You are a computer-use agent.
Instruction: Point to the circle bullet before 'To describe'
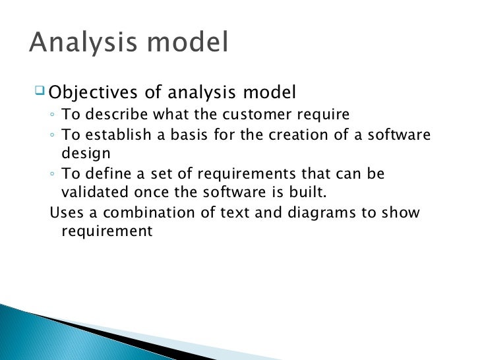click(52, 116)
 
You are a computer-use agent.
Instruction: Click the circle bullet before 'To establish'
click(52, 136)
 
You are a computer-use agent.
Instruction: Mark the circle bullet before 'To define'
click(52, 175)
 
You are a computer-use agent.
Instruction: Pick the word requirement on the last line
click(106, 232)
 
